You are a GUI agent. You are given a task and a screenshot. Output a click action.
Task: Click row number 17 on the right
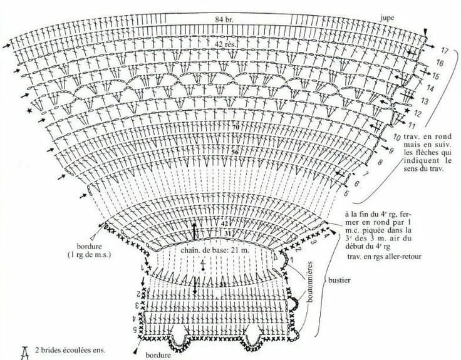pyautogui.click(x=444, y=49)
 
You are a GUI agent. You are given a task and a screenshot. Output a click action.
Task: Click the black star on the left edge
pyautogui.click(x=29, y=111)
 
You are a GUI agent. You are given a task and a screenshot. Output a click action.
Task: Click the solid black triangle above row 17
pyautogui.click(x=427, y=32)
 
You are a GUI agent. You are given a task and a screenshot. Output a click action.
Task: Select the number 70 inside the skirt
pyautogui.click(x=236, y=128)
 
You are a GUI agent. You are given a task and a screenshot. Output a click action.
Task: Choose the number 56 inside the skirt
pyautogui.click(x=236, y=152)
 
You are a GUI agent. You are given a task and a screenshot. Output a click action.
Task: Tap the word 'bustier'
pyautogui.click(x=337, y=281)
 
